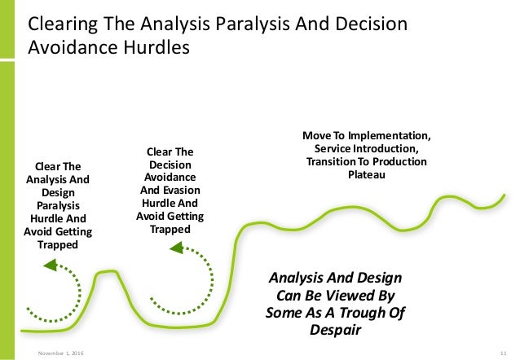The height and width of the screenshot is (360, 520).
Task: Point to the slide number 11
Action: click(504, 351)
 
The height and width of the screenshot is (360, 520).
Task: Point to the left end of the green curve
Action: click(22, 331)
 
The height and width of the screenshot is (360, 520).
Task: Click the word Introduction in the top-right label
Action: click(386, 148)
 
